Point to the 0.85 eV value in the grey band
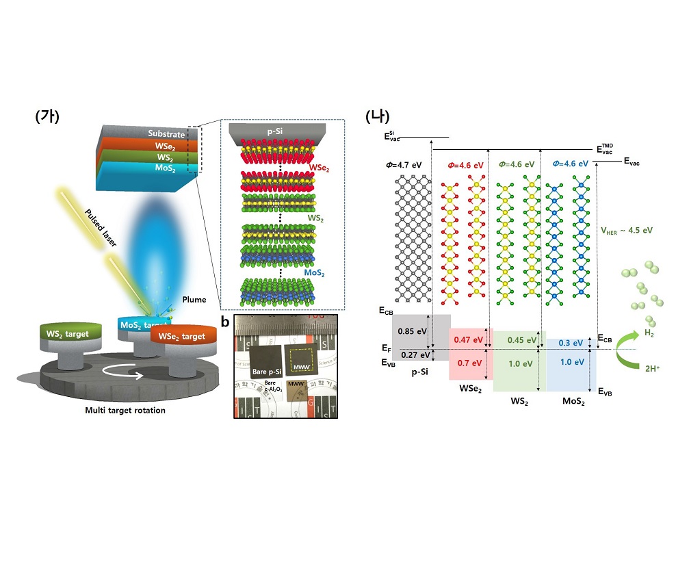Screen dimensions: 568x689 [x=411, y=332]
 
